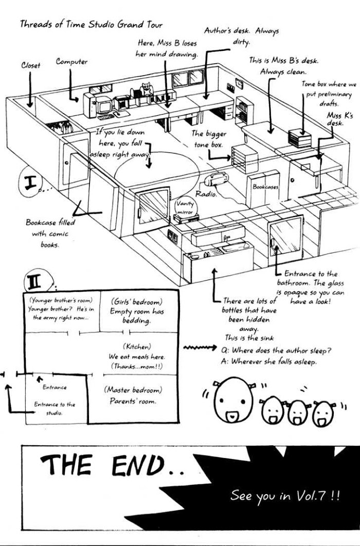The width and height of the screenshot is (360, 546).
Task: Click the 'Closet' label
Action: click(30, 65)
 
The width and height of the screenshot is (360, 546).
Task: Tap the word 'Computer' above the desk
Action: click(71, 62)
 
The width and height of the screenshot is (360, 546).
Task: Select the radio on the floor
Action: click(215, 179)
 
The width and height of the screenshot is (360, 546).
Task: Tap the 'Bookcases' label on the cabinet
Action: click(265, 187)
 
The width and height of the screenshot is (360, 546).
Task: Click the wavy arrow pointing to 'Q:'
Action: click(200, 349)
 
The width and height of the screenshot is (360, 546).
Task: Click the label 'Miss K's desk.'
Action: click(340, 119)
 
